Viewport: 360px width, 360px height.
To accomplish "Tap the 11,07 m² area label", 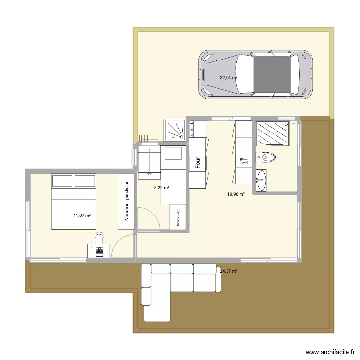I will (82, 216).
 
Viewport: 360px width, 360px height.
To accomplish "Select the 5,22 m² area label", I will (161, 188).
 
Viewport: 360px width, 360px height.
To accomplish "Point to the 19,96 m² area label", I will (236, 194).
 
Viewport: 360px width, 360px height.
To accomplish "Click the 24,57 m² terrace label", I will (229, 271).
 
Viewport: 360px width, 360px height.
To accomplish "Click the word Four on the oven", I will (197, 163).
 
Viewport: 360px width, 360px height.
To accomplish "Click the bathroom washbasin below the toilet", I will (261, 180).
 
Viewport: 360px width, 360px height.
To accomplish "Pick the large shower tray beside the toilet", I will (273, 133).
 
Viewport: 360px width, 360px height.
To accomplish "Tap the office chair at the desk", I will (99, 238).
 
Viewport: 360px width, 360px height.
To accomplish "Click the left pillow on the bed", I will (62, 181).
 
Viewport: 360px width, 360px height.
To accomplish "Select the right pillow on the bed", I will (85, 181).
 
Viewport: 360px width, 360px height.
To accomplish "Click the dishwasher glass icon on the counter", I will (243, 161).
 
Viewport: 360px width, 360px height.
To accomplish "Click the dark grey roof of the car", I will (272, 75).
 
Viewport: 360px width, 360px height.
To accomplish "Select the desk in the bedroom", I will (99, 251).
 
